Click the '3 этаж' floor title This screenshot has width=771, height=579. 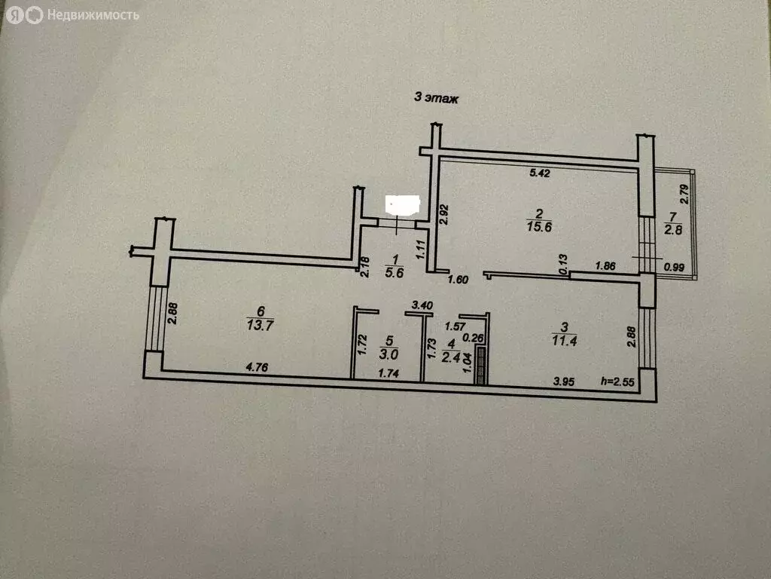point(436,98)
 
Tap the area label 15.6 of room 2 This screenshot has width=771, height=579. point(539,227)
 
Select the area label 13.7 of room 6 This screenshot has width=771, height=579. point(260,325)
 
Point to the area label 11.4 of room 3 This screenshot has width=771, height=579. point(564,341)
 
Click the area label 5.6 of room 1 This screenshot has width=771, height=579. point(395,273)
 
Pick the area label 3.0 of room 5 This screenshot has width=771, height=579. point(389,354)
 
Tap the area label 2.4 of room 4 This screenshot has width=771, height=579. point(451,357)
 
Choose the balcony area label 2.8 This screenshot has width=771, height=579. point(673,229)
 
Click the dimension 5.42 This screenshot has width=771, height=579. point(539,173)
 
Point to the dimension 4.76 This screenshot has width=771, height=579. point(257,367)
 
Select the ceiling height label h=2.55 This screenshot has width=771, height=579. point(617,381)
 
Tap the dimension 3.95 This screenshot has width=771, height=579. point(563,381)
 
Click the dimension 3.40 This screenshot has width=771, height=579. point(422,305)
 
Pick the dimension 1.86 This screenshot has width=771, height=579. point(605,266)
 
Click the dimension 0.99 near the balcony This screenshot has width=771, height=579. point(674,268)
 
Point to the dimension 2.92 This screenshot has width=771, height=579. point(443,215)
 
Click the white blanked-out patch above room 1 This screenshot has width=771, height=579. point(403,205)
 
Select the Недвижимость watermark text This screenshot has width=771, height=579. point(93,15)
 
